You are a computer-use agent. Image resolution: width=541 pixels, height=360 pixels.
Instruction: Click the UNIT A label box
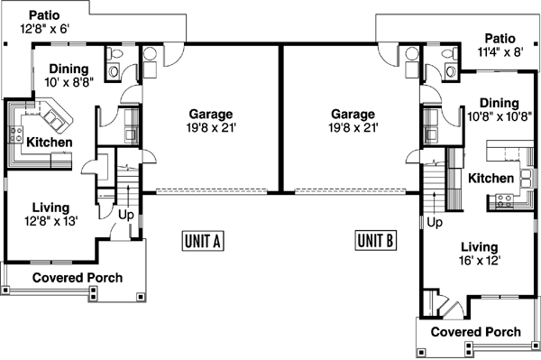(203, 241)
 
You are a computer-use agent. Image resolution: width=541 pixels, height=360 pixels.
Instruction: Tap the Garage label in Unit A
(211, 114)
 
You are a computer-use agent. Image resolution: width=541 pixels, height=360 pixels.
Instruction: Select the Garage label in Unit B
(353, 114)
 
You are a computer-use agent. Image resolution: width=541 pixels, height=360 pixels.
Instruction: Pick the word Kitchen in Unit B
(491, 179)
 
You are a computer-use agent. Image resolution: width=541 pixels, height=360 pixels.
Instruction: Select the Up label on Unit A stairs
(127, 215)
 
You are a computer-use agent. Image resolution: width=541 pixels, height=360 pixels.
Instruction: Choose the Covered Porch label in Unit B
(475, 331)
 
